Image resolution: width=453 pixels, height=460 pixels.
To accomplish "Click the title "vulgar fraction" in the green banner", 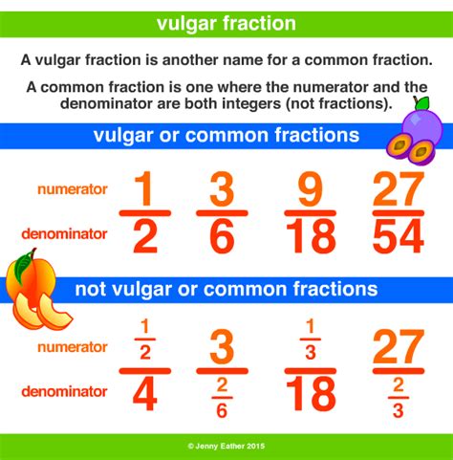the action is (226, 24).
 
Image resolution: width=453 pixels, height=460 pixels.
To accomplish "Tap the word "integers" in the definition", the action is (247, 103).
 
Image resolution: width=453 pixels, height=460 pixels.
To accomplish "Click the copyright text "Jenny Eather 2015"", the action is (229, 446).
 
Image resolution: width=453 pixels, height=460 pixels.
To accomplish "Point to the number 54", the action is (399, 236).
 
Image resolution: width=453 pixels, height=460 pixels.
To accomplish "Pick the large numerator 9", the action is (310, 189).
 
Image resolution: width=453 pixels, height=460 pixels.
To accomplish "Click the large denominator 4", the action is (145, 394).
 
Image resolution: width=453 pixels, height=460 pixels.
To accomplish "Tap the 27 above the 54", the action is (399, 189).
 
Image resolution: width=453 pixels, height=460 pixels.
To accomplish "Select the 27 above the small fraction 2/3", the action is (399, 347).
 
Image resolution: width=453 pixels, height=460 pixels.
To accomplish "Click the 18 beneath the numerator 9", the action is (311, 236).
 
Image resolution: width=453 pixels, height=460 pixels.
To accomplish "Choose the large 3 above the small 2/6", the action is (222, 347).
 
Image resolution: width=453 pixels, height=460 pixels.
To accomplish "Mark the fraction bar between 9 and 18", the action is (311, 213).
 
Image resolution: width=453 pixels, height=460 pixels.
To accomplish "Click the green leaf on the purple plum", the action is (422, 103).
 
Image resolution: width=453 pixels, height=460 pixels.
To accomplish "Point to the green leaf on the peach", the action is (23, 266).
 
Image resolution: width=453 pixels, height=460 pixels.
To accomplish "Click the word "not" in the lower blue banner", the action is (91, 290).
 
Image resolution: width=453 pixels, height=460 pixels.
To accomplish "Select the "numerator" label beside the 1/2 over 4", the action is (73, 347).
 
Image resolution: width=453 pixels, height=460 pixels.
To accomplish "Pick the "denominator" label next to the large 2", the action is (64, 234).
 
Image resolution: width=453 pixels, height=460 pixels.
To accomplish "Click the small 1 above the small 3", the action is (311, 327).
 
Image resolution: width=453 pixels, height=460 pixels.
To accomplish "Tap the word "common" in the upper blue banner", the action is (227, 135).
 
